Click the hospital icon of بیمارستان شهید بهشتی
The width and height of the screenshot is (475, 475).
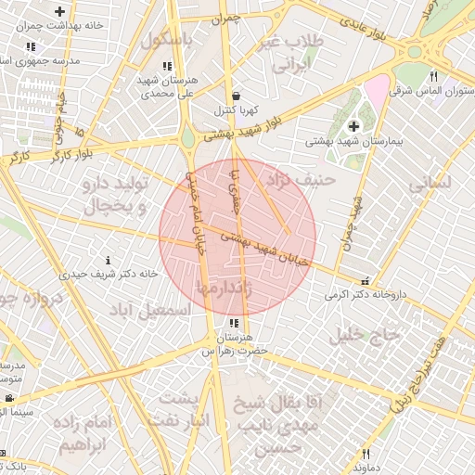coord(353,125)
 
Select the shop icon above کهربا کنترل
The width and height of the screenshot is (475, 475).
coord(237,95)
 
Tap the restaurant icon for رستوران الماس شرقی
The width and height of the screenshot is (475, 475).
coord(433,76)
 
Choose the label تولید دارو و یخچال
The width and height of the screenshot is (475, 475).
coord(117,196)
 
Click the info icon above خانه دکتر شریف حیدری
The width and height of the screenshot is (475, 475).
coord(109,260)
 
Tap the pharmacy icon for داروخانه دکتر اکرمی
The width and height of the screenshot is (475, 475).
coord(365,280)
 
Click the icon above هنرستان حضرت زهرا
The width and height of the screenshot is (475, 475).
coord(233,324)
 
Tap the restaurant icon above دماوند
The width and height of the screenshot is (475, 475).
coord(366,454)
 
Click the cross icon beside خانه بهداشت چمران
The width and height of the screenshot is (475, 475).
coord(60,12)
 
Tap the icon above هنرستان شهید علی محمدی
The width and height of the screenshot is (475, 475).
coord(167,66)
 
